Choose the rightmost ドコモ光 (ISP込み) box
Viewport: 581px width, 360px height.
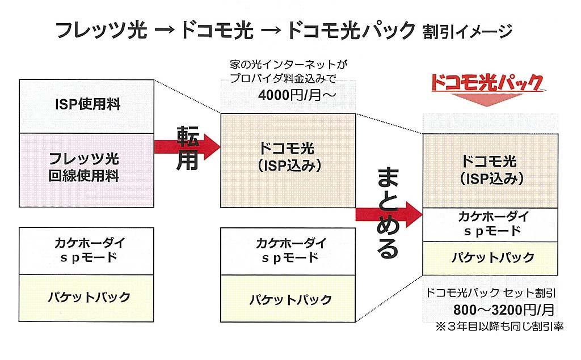491,170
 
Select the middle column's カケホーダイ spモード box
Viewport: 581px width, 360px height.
288,251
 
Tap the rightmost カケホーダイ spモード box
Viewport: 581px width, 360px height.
491,225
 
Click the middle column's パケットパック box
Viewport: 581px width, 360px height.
288,297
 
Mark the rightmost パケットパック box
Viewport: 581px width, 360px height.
491,258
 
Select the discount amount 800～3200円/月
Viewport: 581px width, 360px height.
491,310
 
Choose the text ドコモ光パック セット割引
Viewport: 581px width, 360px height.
491,294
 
